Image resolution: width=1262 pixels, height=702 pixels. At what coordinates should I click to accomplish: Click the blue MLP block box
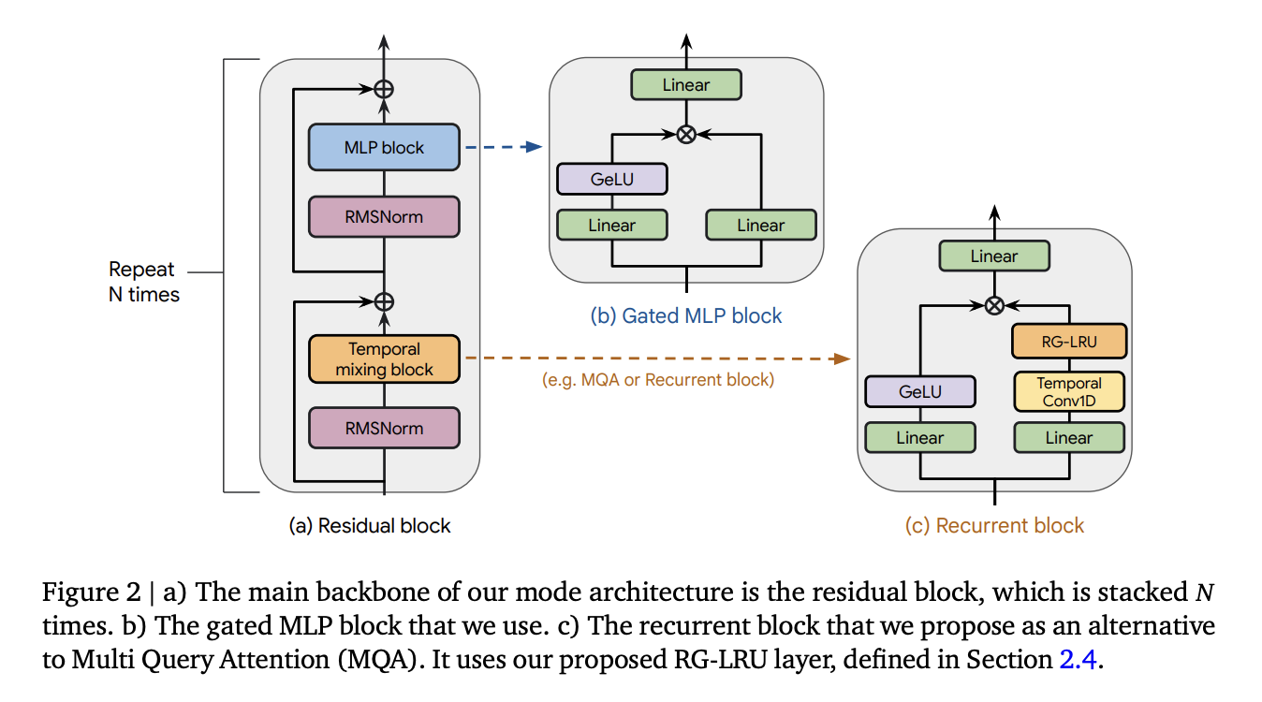tap(384, 147)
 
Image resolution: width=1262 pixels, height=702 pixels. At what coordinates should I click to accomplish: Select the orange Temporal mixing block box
tap(384, 358)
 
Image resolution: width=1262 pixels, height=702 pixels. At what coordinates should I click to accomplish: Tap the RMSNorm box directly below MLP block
tap(384, 217)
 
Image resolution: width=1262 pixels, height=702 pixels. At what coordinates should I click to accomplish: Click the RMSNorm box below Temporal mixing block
tap(384, 429)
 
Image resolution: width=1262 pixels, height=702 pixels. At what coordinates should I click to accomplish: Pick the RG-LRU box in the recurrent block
tap(1068, 342)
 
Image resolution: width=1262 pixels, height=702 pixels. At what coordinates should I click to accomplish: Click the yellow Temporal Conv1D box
tap(1068, 392)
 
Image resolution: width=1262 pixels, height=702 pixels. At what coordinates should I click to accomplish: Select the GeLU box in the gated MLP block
tap(611, 179)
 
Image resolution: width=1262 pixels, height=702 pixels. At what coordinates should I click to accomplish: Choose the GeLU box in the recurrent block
tap(919, 392)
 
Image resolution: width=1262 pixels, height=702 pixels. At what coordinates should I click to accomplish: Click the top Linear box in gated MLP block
tap(686, 85)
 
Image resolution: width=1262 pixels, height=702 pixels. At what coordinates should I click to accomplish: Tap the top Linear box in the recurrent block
tap(994, 256)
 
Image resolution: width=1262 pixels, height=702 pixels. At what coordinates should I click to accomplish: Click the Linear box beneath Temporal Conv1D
tap(1068, 437)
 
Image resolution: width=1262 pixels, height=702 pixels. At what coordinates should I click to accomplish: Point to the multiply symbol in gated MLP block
tap(686, 135)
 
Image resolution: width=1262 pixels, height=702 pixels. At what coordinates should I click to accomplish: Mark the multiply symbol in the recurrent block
tap(994, 305)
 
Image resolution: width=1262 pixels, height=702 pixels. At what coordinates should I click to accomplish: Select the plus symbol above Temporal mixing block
tap(384, 301)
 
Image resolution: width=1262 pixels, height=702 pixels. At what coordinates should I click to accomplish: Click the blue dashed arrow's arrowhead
tap(536, 147)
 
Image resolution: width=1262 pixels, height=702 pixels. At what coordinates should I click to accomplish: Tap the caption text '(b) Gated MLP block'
tap(686, 315)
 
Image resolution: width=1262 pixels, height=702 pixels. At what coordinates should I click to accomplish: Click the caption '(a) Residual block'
tap(369, 525)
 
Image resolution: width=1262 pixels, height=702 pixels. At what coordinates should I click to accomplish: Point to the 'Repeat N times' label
tap(143, 282)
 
